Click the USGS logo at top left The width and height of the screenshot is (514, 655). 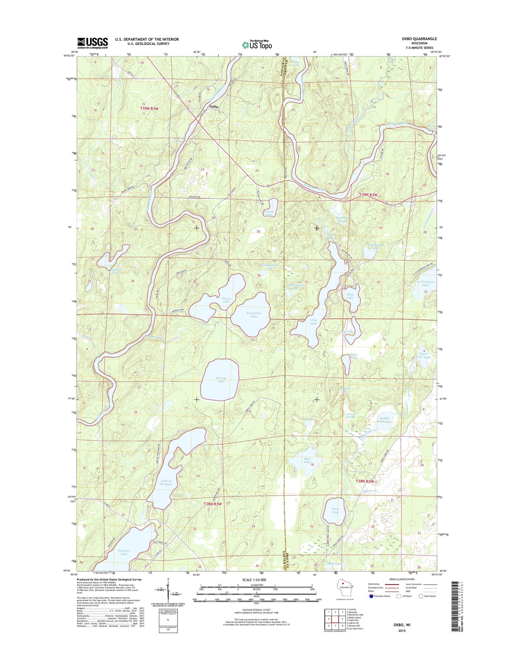92,43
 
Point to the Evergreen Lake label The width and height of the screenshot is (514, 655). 254,315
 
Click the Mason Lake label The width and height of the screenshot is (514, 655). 226,300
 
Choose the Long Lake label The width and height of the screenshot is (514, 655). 313,321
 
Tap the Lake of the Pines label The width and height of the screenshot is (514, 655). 166,483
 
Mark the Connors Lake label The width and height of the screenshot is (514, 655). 124,552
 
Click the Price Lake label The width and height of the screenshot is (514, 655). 335,511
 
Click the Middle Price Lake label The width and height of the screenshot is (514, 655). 384,420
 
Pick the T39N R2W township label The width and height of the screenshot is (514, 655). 369,195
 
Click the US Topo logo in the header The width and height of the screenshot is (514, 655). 257,45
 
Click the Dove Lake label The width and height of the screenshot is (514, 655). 354,356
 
